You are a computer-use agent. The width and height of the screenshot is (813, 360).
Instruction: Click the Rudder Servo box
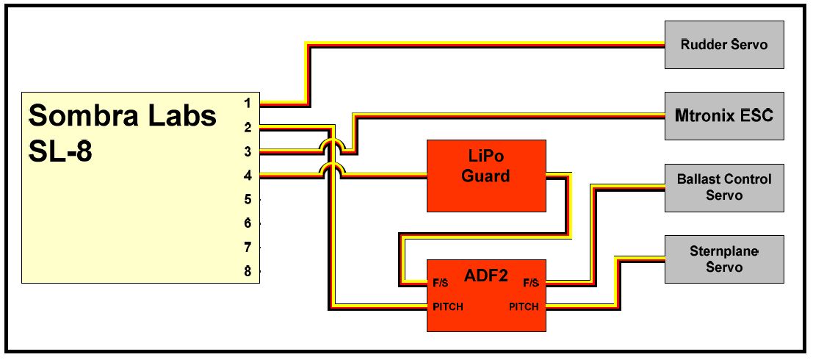tap(723, 45)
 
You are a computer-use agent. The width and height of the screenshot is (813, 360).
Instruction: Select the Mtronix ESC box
tap(723, 115)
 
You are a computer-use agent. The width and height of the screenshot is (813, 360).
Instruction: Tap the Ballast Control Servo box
tap(723, 187)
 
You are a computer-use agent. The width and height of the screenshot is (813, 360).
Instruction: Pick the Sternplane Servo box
tap(723, 259)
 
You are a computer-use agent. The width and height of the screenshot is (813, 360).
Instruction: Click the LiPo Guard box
tap(486, 176)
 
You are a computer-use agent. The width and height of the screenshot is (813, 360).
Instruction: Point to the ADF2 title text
tap(485, 276)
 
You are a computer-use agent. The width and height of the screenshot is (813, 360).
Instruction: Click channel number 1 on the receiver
tap(248, 103)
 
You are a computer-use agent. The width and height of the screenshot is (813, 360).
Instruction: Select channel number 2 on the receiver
tap(248, 127)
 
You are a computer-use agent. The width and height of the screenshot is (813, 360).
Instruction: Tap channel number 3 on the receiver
tap(248, 151)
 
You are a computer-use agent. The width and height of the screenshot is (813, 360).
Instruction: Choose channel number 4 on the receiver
tap(248, 176)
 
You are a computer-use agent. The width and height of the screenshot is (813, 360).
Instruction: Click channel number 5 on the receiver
tap(248, 199)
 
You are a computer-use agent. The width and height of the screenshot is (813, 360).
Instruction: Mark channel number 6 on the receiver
tap(248, 223)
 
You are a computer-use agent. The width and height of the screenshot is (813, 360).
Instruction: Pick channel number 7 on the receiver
tap(248, 248)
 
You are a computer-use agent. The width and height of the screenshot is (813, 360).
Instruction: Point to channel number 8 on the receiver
tap(248, 272)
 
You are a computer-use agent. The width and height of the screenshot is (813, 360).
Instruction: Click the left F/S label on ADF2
tap(441, 282)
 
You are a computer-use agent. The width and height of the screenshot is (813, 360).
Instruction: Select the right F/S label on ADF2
tap(530, 282)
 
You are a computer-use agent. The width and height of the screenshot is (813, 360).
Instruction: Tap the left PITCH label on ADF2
tap(447, 306)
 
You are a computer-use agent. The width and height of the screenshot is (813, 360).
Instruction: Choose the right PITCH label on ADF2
tap(524, 306)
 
